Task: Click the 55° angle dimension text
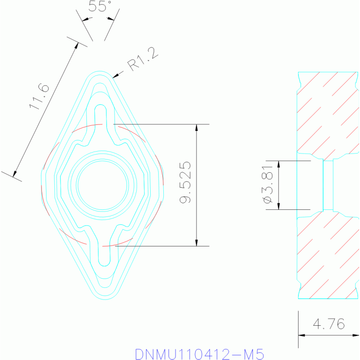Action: point(100,7)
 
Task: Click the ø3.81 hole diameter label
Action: point(268,184)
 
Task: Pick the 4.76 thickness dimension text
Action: point(329,324)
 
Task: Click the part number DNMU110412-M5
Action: point(199,353)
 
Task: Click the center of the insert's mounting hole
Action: point(102,184)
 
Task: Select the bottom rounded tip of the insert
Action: point(104,296)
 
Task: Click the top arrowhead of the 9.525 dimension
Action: point(196,127)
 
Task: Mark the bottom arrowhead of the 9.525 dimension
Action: point(196,243)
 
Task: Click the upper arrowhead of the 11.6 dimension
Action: point(77,46)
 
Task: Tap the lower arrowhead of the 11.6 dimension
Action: point(15,175)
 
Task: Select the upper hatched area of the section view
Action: point(327,113)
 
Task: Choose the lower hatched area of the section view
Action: point(327,256)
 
